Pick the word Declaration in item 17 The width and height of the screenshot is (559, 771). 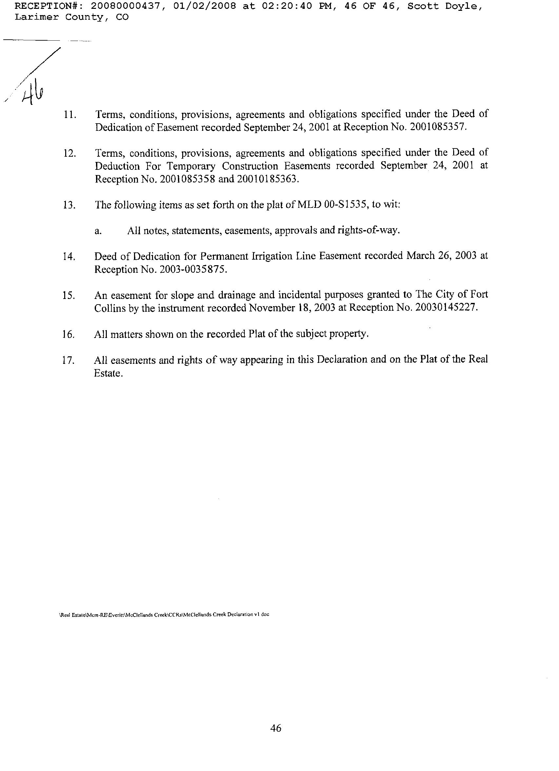click(x=342, y=360)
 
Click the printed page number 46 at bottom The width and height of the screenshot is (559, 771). click(x=276, y=728)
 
